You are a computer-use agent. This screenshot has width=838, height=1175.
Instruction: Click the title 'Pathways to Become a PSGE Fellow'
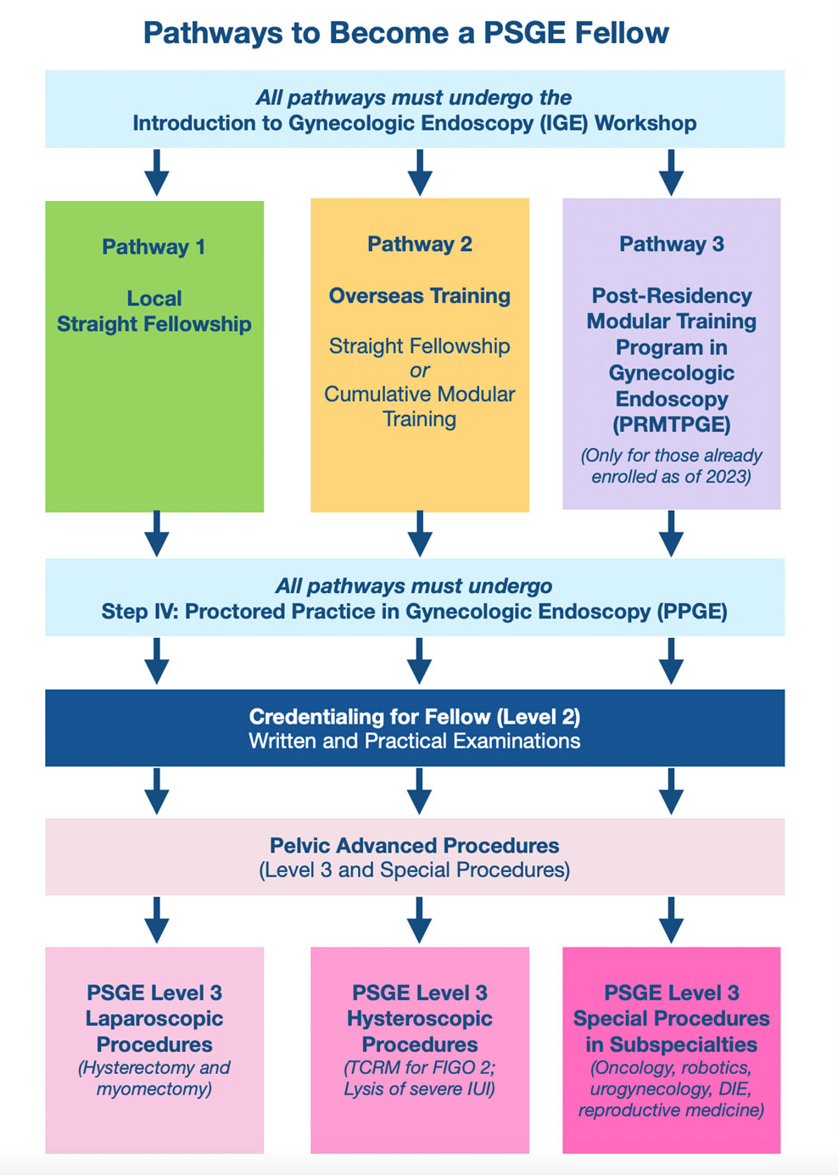[405, 33]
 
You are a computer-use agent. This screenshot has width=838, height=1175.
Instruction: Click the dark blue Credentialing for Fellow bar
[414, 728]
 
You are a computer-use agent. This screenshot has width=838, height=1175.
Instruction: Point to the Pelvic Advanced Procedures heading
[414, 846]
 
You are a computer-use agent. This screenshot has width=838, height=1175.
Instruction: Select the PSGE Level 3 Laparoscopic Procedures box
[154, 1050]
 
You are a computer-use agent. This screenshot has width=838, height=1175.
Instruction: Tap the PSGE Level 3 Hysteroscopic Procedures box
[420, 1050]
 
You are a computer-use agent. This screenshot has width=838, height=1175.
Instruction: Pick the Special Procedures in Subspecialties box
[671, 1050]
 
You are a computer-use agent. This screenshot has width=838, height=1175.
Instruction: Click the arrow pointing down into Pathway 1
[156, 173]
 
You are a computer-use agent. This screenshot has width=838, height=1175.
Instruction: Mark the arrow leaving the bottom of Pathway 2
[420, 534]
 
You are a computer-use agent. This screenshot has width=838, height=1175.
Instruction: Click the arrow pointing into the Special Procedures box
[671, 920]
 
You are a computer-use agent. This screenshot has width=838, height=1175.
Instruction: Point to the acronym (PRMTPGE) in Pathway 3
[671, 424]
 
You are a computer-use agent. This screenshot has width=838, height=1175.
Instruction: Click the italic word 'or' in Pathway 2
[420, 371]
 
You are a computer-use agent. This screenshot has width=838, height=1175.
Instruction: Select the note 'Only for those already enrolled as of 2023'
[671, 466]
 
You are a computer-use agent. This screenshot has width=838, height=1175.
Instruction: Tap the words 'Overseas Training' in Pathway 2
[420, 296]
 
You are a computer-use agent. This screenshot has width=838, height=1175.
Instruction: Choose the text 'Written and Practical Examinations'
[414, 741]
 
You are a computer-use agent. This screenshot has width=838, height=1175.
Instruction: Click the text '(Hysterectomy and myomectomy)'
[154, 1078]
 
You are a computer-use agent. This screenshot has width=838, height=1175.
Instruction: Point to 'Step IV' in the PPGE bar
[137, 612]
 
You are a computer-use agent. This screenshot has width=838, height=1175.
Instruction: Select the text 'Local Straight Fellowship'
[154, 311]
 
